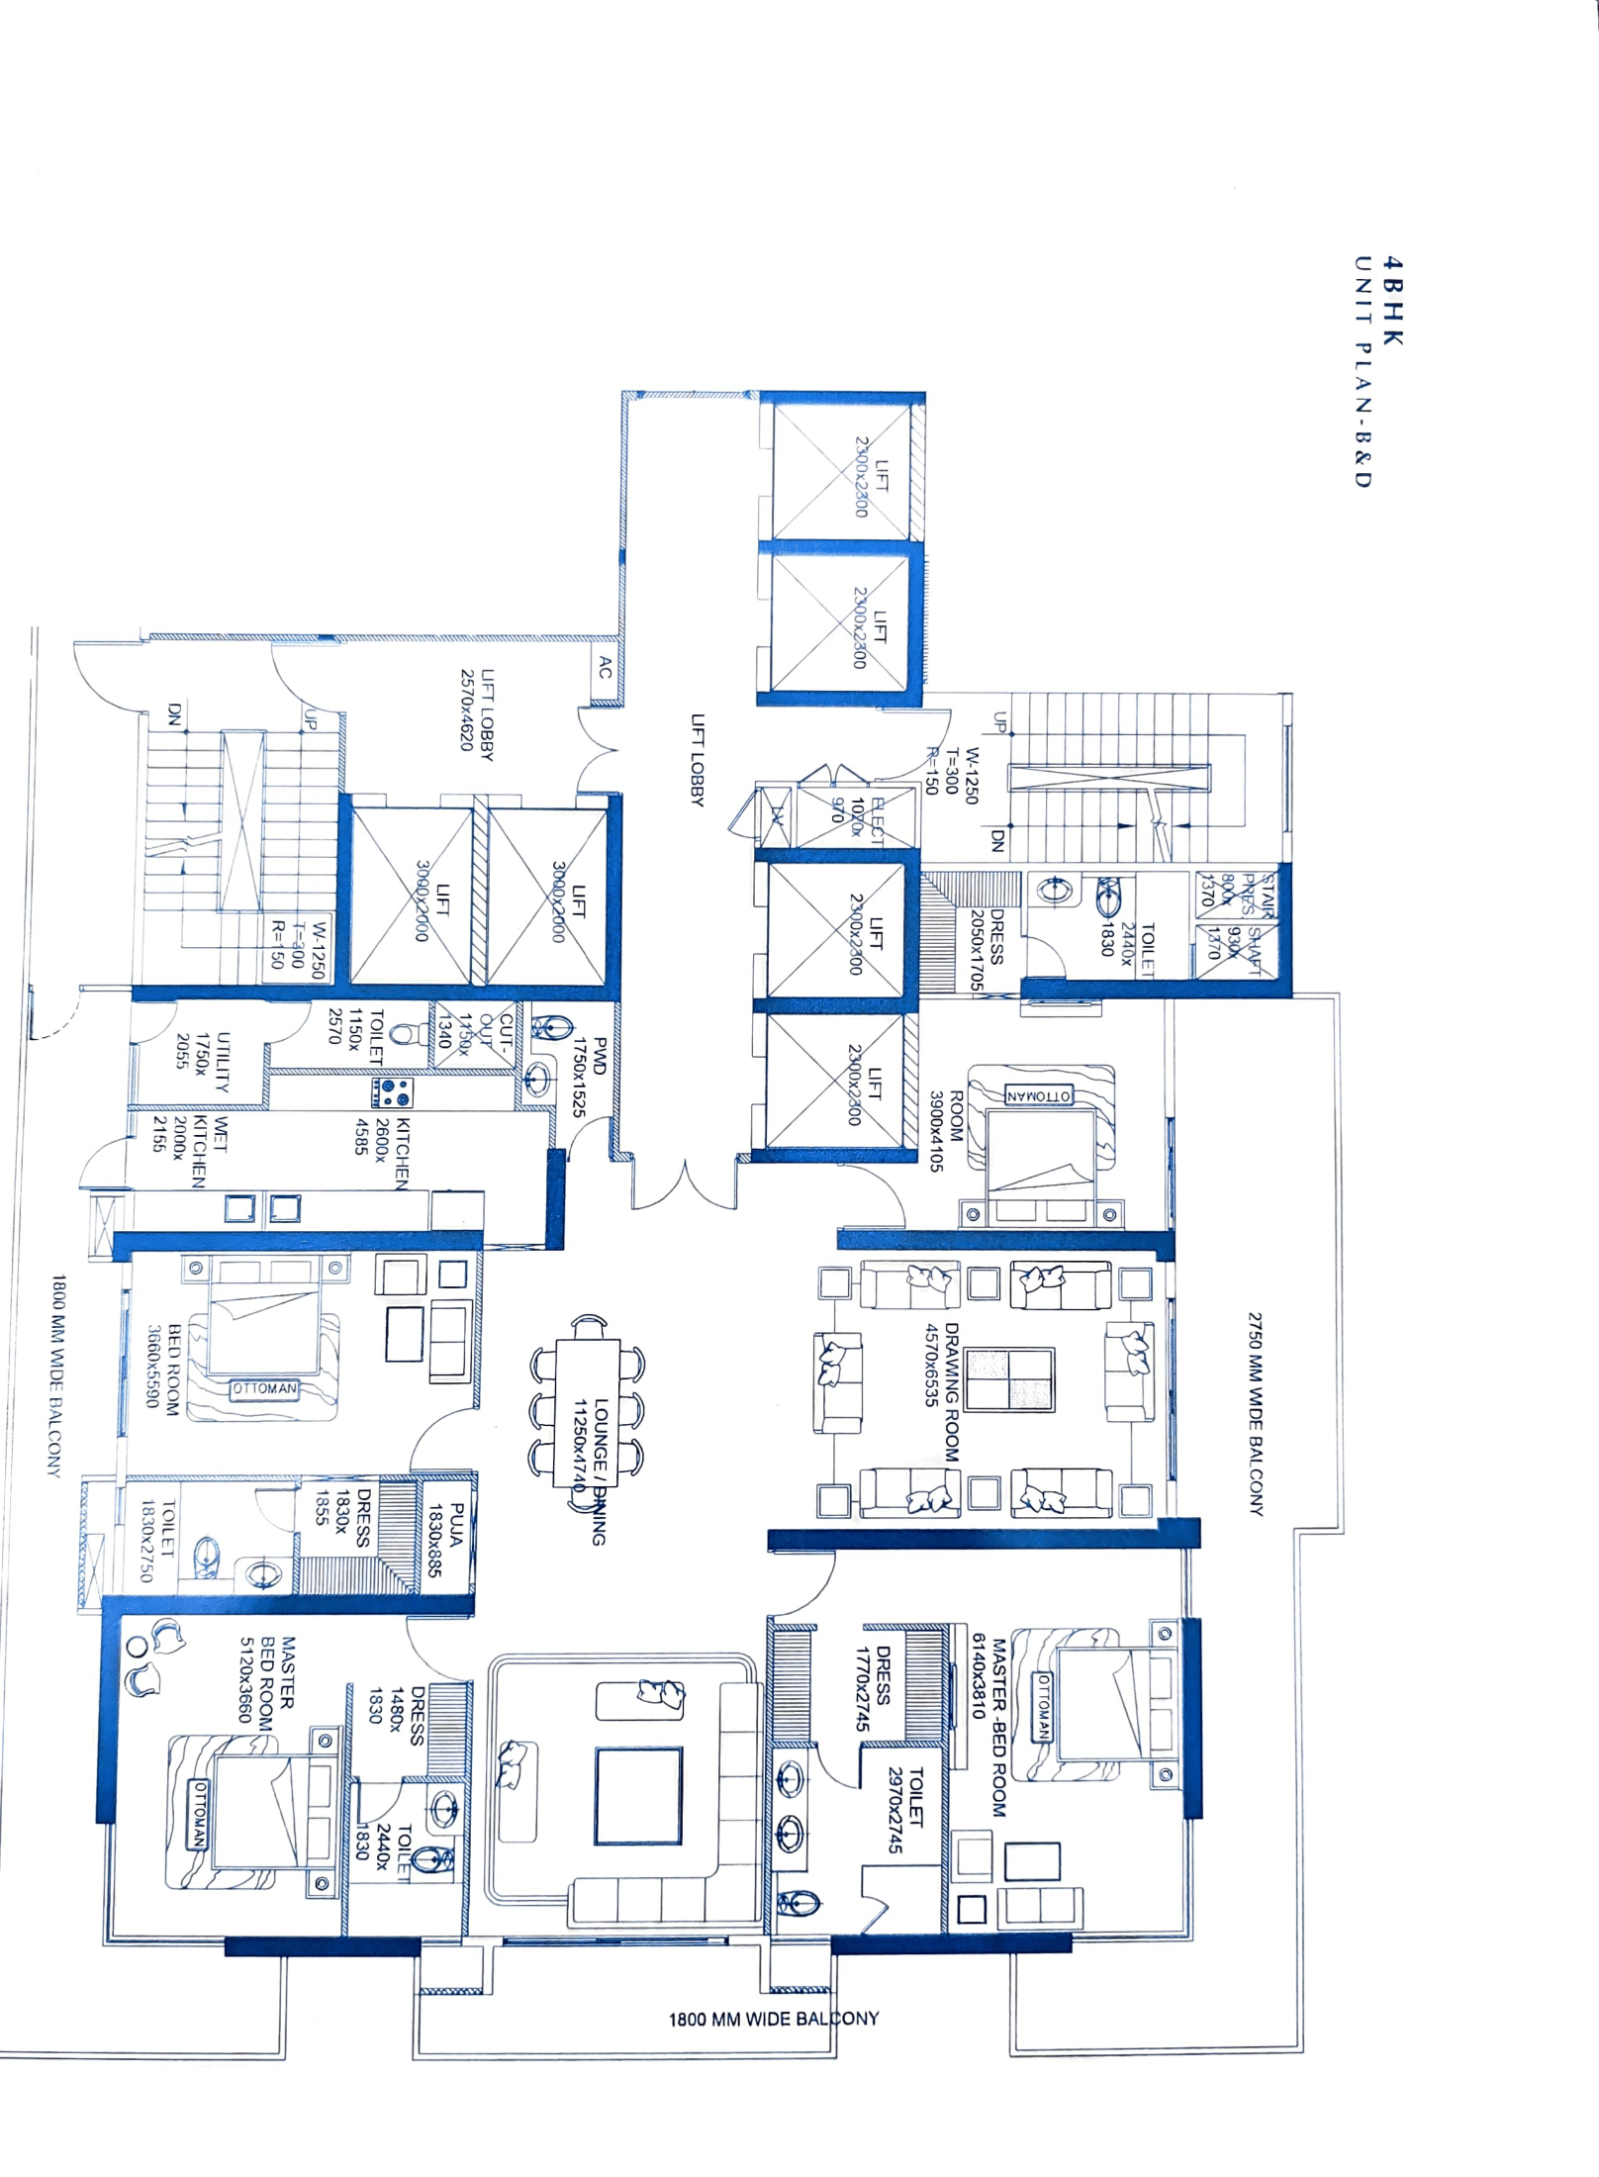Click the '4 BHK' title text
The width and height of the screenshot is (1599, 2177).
(1392, 301)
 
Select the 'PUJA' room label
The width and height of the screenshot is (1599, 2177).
(445, 1540)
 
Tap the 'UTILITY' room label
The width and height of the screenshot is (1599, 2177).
(224, 1061)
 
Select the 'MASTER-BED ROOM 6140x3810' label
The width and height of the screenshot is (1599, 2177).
(989, 1726)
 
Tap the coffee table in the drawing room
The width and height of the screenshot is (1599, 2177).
(1009, 1378)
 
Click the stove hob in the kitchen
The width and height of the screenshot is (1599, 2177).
(393, 1091)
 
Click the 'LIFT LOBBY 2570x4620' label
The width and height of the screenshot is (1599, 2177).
(477, 713)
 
